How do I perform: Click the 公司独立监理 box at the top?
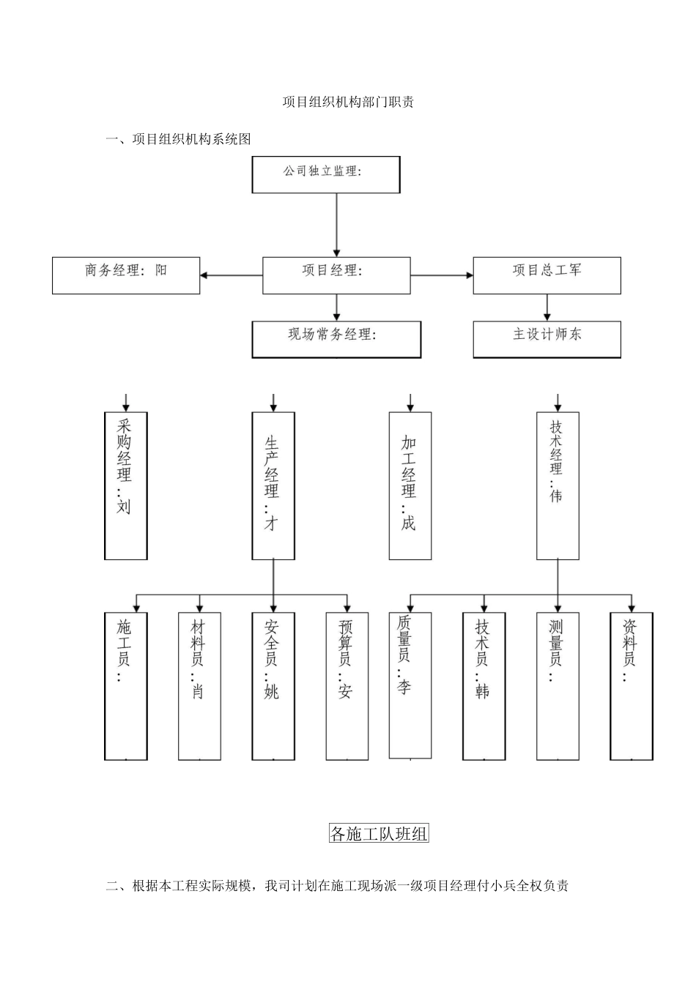326,174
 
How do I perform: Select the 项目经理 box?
336,275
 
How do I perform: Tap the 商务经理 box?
126,275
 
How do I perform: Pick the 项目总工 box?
547,275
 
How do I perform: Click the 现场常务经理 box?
336,340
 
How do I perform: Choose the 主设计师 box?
547,339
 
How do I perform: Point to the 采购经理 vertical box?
126,485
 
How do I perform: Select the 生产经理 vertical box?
273,485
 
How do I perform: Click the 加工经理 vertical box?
410,485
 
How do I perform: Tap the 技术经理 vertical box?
558,485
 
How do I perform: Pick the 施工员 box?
126,686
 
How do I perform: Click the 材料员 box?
199,686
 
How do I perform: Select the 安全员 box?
273,686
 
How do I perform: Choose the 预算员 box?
347,686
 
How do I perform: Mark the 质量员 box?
410,685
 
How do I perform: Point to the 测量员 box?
558,686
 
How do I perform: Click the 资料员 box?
632,686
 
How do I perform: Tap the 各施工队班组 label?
379,833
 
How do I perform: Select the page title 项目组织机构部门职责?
348,102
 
